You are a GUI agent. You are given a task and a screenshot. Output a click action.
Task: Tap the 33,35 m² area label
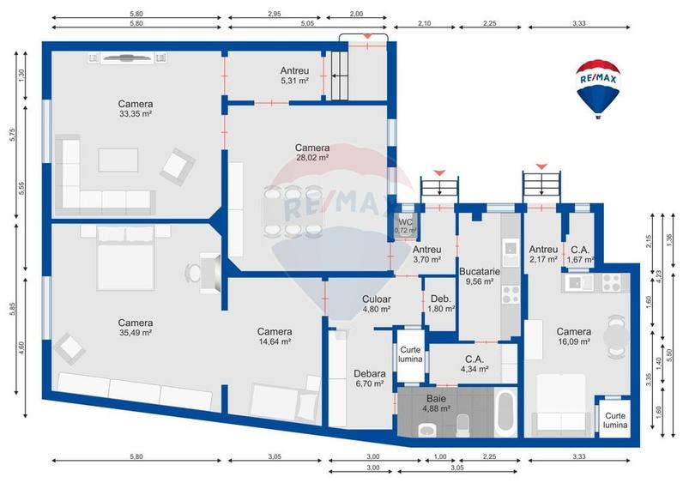[x=136, y=113]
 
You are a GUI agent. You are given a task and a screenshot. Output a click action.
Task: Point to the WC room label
[x=404, y=221]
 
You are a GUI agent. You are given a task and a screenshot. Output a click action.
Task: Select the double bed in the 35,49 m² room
[x=126, y=257]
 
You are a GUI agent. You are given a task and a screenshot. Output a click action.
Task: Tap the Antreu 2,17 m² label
[x=543, y=253]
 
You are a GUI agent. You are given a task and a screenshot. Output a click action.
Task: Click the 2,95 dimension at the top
[x=273, y=14]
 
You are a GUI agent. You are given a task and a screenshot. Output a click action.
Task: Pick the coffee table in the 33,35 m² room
[x=118, y=160]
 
